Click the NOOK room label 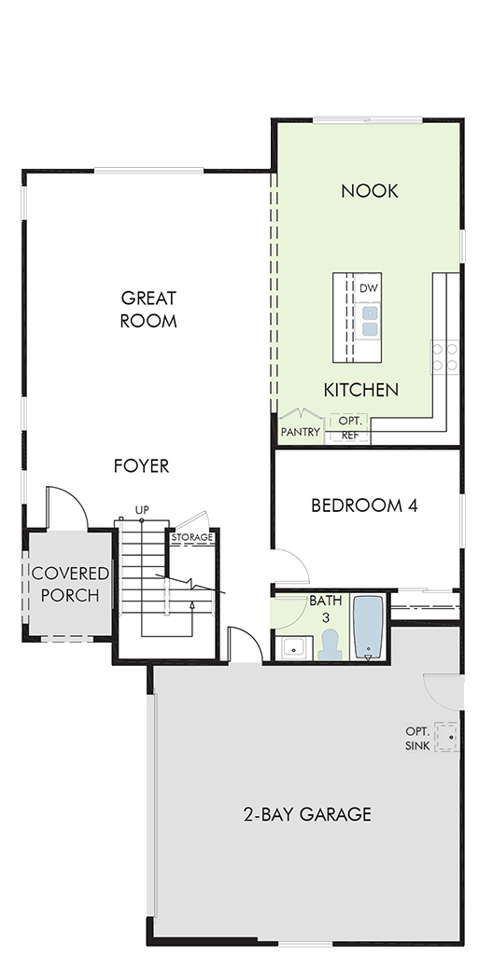(369, 191)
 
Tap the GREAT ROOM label (148, 310)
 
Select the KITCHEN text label (360, 390)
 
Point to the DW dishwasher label (369, 288)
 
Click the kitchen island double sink (369, 321)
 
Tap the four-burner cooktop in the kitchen (444, 357)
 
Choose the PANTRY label (301, 433)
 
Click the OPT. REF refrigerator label (350, 427)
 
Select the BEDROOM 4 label (364, 505)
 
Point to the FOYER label (142, 466)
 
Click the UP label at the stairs (142, 509)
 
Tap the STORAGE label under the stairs (192, 537)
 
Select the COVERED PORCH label (70, 584)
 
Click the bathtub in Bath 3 (369, 628)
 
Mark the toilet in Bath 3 (331, 645)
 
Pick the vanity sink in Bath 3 (294, 648)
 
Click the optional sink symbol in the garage (446, 737)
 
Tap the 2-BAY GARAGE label (307, 814)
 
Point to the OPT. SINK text (418, 739)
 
